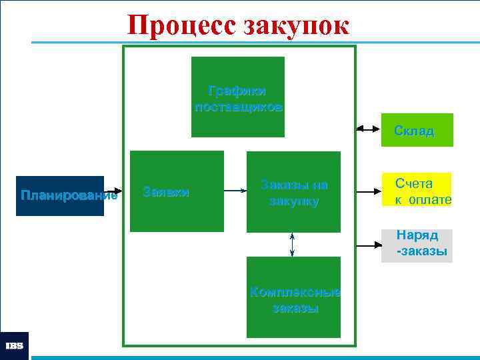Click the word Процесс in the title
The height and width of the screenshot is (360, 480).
(x=181, y=25)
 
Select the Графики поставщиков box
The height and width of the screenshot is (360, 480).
(x=238, y=97)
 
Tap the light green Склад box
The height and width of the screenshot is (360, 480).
(x=417, y=130)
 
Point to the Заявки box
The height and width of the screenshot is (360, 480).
(x=177, y=192)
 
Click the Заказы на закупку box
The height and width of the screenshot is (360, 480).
(x=293, y=192)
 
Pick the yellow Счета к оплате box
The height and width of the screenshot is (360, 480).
(x=417, y=191)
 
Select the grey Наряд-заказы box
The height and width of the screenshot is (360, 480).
(x=417, y=245)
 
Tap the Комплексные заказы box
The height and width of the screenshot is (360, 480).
(x=293, y=297)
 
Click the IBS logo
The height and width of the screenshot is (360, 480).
(x=14, y=346)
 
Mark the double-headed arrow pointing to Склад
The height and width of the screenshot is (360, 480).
(x=368, y=129)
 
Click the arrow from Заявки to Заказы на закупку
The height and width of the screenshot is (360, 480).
(x=235, y=191)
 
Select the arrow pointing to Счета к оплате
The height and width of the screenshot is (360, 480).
(x=369, y=191)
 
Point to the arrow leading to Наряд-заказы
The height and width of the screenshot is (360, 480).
(x=369, y=246)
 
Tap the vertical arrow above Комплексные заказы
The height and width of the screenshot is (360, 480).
(x=293, y=244)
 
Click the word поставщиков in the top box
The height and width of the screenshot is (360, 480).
(x=238, y=107)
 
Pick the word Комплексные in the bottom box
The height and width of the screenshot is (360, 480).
(x=294, y=291)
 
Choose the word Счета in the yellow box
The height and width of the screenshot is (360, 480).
(x=413, y=183)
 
